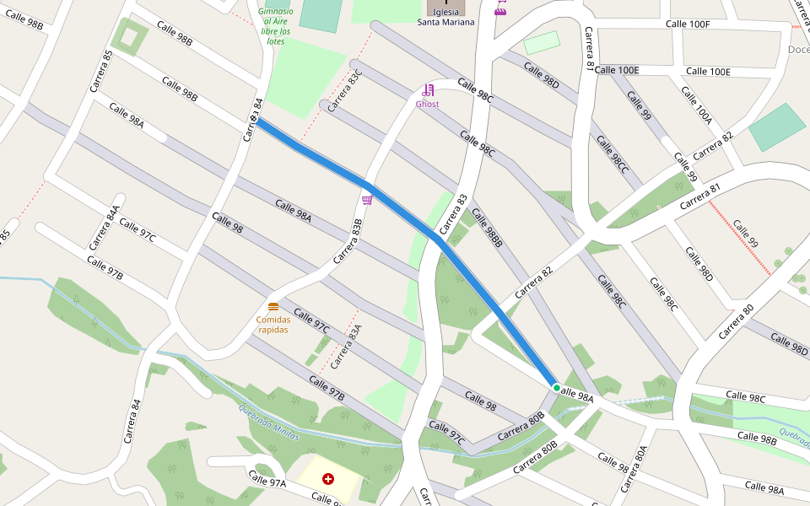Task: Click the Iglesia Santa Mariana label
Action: click(445, 18)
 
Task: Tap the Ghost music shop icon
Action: click(428, 90)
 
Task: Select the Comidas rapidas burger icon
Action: click(273, 307)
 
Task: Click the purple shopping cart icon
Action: click(367, 200)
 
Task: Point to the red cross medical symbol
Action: click(328, 479)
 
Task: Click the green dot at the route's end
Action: click(556, 388)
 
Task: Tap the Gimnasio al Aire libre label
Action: click(275, 26)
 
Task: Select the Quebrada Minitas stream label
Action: click(268, 418)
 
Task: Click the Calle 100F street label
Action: click(687, 24)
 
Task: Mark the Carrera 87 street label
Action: click(589, 50)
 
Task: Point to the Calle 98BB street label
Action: click(487, 228)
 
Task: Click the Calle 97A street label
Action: click(267, 481)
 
